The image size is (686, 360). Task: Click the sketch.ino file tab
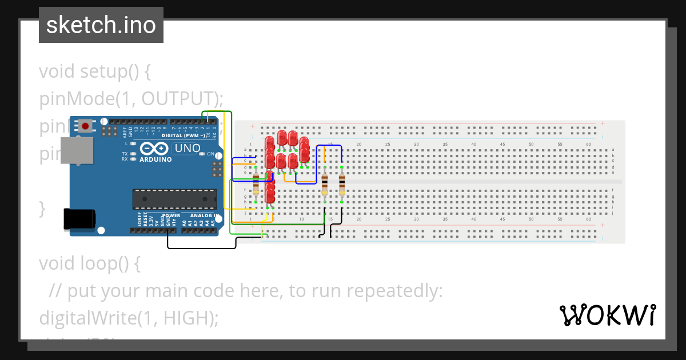tap(101, 25)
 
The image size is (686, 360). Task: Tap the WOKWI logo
tap(607, 315)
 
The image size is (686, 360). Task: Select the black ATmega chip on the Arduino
tap(174, 199)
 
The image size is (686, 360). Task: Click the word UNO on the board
tap(187, 149)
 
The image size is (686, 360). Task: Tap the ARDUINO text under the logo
tap(155, 159)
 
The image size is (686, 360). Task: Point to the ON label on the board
tap(210, 154)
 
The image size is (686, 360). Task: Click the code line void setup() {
tap(94, 72)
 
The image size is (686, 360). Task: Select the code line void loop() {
tap(89, 263)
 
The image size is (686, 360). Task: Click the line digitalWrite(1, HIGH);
tap(129, 318)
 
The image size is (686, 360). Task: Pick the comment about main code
tap(246, 291)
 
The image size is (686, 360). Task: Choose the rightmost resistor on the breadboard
tap(342, 185)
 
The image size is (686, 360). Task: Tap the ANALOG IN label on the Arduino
tap(205, 216)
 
